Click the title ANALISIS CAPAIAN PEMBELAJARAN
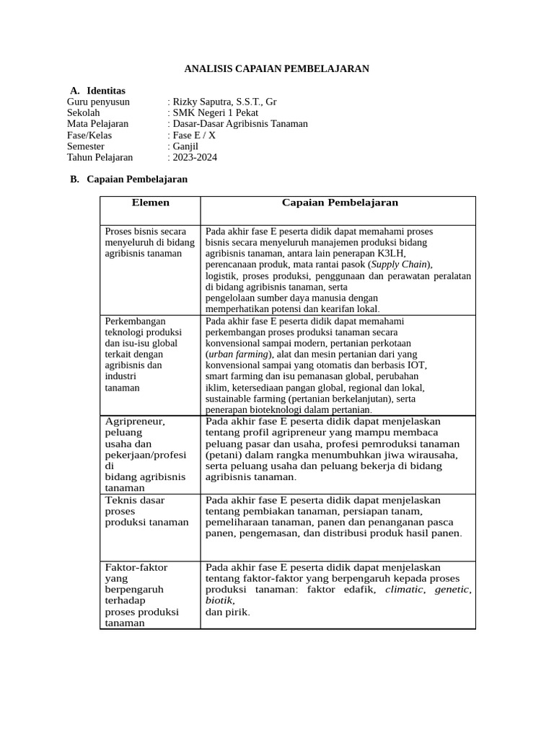click(276, 68)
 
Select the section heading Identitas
click(105, 91)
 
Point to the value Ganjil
click(185, 146)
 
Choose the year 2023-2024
click(195, 157)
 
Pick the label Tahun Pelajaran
click(100, 157)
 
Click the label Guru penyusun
click(98, 102)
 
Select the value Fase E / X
click(194, 135)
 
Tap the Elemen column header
click(150, 203)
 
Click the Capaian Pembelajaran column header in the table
click(340, 203)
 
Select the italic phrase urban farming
click(238, 355)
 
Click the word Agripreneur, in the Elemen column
click(135, 422)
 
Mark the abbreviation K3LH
click(392, 254)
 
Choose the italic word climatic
click(405, 590)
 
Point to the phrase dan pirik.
click(227, 613)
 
